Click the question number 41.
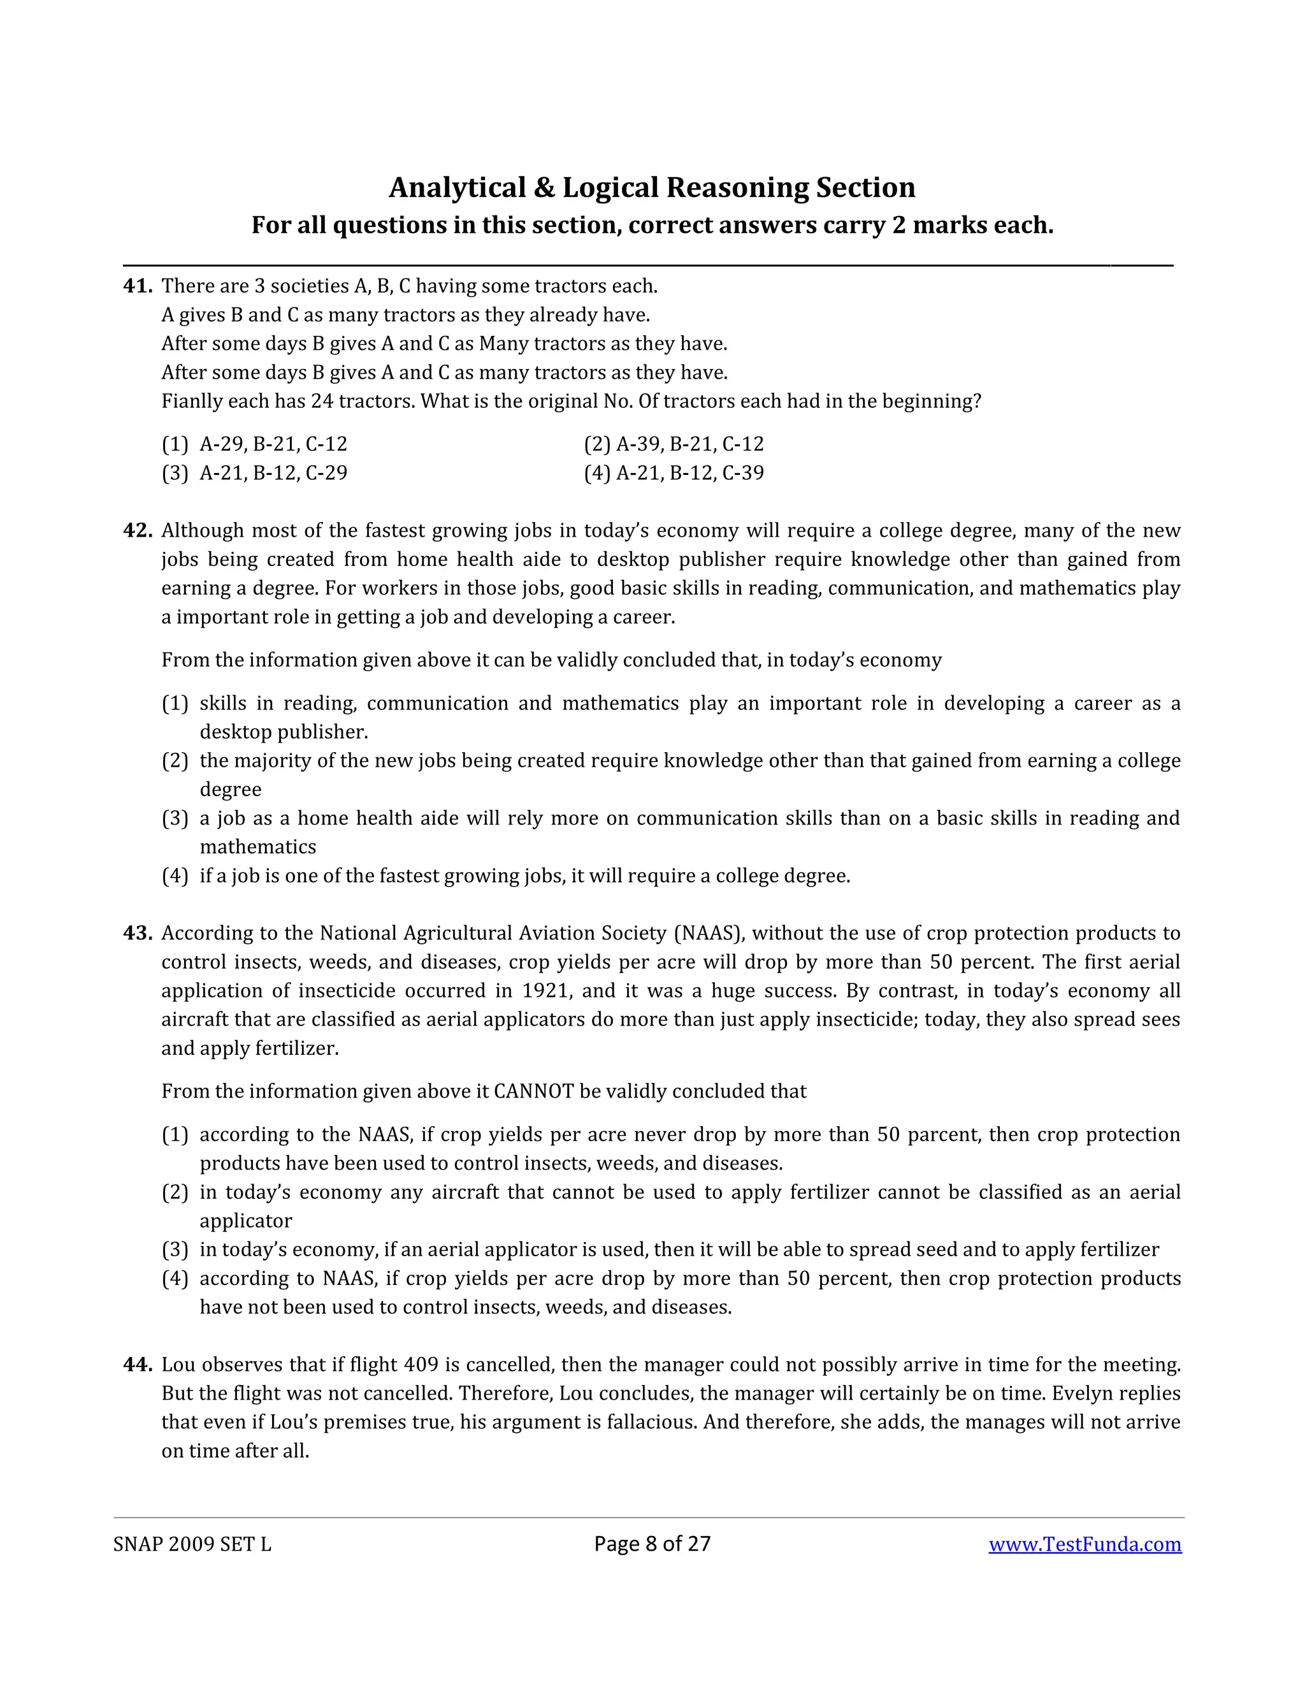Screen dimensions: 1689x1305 pos(138,286)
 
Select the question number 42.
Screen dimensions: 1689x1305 pos(138,530)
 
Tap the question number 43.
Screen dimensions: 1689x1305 pos(138,934)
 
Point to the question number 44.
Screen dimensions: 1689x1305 pos(138,1365)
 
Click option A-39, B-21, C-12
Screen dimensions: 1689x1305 pos(674,444)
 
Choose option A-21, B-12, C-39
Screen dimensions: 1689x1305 pos(674,472)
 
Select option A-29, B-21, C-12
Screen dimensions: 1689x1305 pos(254,444)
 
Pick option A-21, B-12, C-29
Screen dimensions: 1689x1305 pos(254,472)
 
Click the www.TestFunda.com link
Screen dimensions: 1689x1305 pos(1085,1544)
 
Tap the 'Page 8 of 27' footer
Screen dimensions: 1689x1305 pos(652,1544)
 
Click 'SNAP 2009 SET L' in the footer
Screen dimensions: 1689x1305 pos(192,1544)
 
